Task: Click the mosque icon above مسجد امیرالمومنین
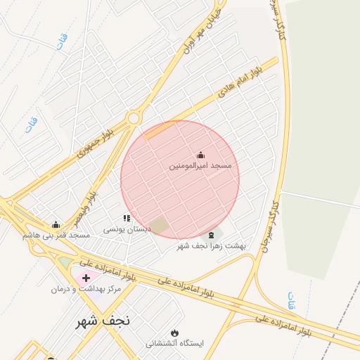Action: [200, 155]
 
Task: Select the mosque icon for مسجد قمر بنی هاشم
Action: [56, 225]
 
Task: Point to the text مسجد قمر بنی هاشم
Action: [56, 235]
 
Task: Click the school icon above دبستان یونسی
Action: [127, 219]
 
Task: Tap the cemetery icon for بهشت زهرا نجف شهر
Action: [212, 234]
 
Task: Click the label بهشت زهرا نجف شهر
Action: [212, 245]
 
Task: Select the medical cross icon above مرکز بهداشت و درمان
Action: [86, 278]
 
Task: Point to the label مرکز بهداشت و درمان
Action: [86, 289]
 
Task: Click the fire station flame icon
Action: [174, 333]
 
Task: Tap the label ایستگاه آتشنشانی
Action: [174, 344]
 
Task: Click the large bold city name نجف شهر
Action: [103, 321]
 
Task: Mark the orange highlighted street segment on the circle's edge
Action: [161, 129]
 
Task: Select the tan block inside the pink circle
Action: [159, 226]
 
